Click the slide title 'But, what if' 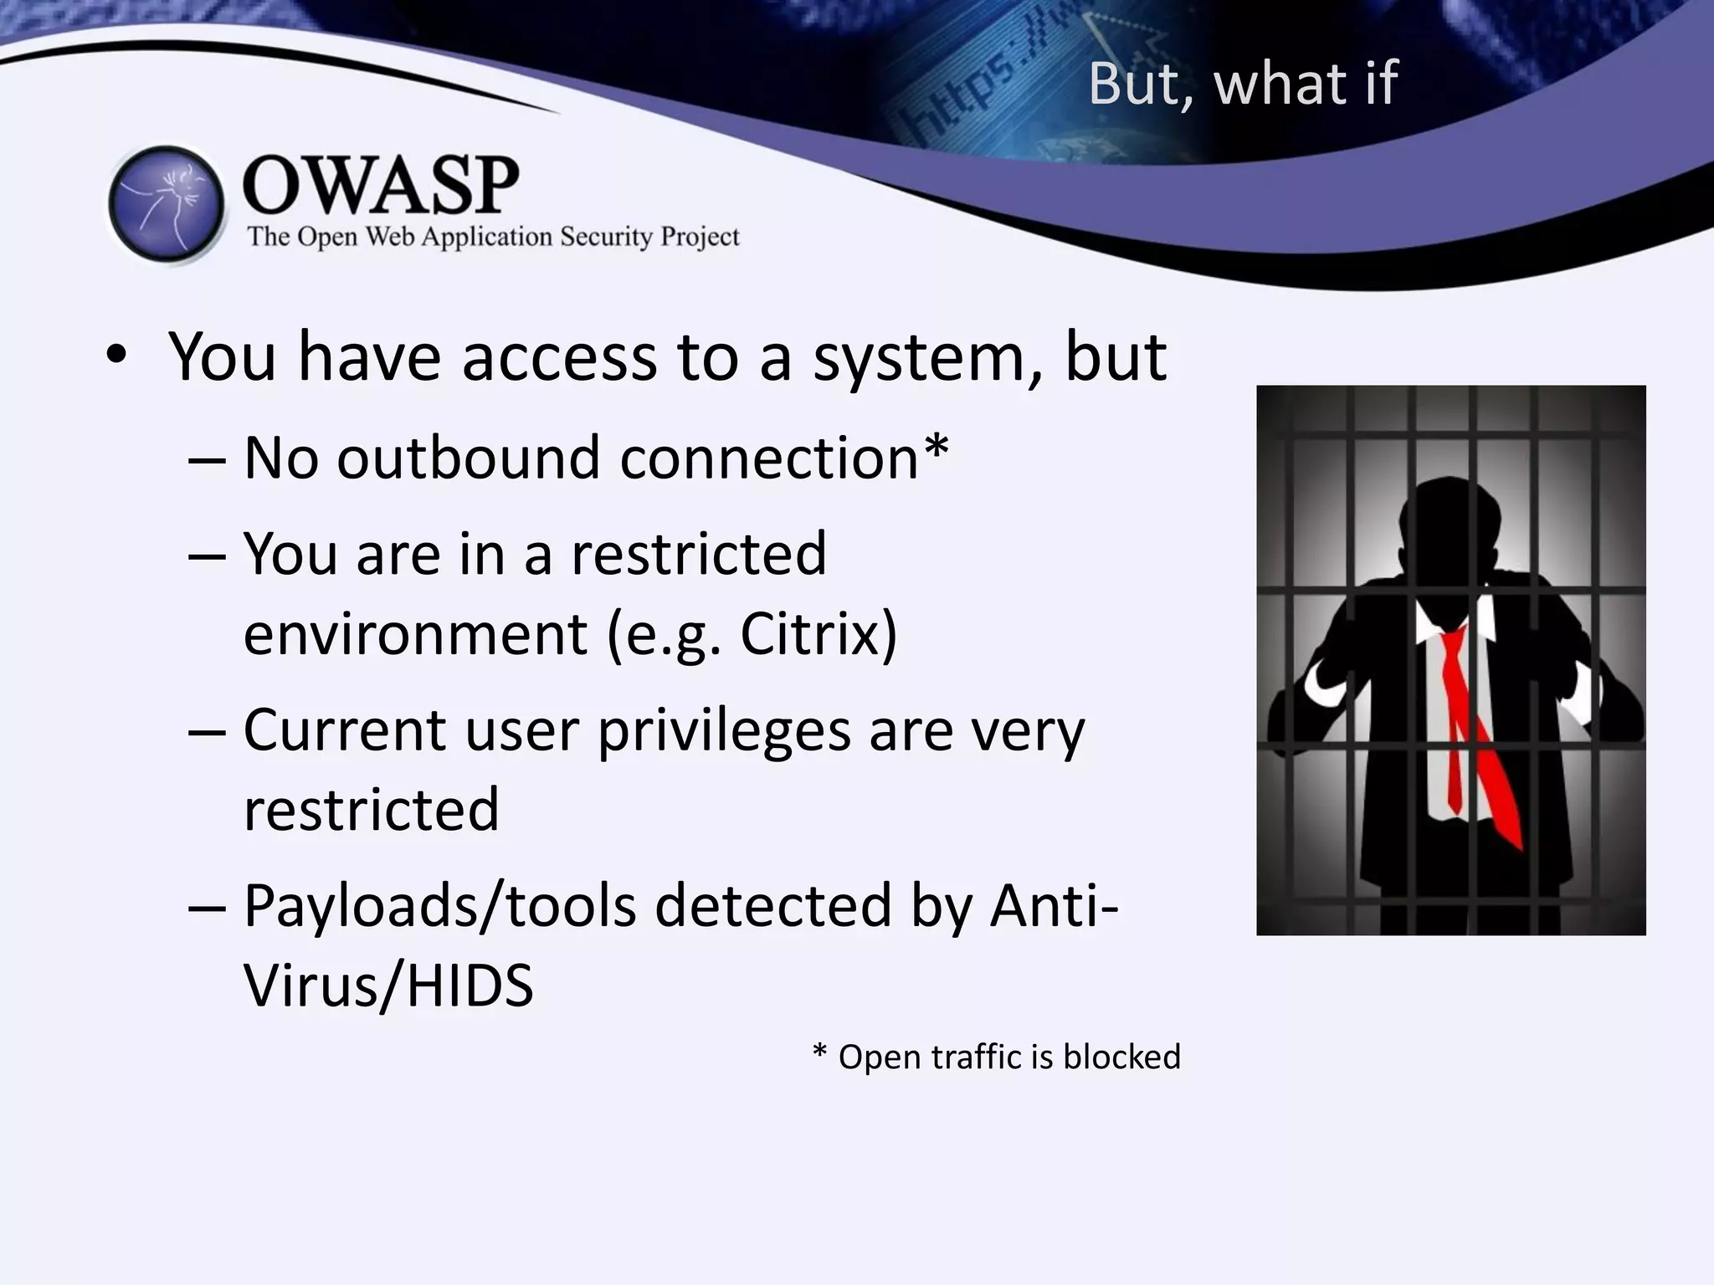[1243, 84]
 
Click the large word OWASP [381, 185]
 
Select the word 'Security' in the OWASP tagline [606, 238]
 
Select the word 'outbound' [469, 458]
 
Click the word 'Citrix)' [818, 633]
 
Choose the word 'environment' [415, 633]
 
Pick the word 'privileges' [724, 731]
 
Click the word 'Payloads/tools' [440, 906]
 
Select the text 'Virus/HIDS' [388, 986]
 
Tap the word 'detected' [772, 906]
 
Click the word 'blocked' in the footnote [1121, 1057]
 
